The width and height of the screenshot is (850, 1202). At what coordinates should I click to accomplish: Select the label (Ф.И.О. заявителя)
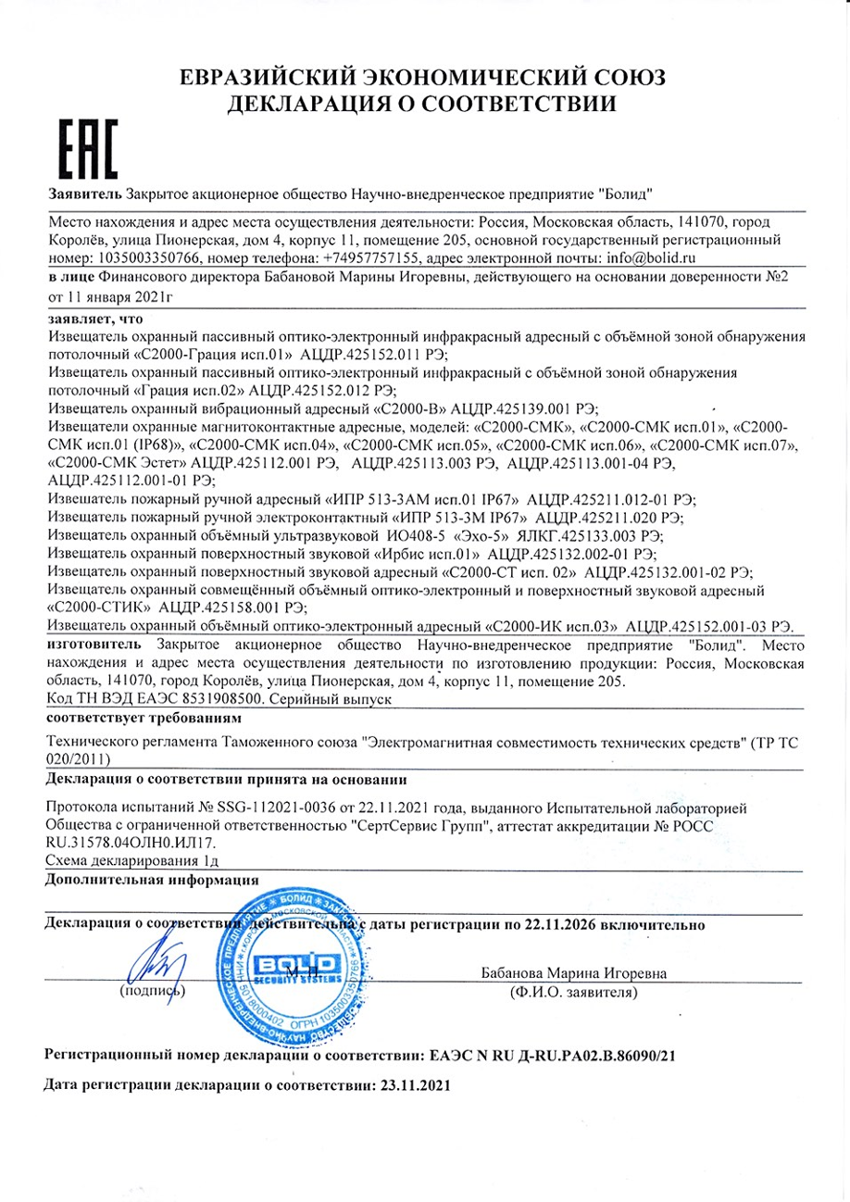pos(573,992)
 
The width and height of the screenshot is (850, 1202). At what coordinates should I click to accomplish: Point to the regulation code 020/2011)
pos(80,758)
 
